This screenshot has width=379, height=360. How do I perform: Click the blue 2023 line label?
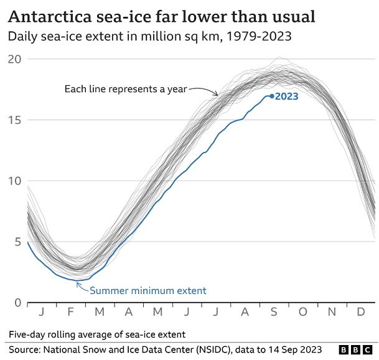click(287, 96)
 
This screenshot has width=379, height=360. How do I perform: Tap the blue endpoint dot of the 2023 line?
click(272, 96)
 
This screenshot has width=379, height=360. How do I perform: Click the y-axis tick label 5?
click(17, 242)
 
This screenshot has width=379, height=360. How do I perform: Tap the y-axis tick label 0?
click(17, 303)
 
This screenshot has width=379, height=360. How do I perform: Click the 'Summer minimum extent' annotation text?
click(148, 290)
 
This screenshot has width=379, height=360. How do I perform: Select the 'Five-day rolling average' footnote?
click(96, 334)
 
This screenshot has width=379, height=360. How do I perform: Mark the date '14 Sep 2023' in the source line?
click(290, 350)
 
